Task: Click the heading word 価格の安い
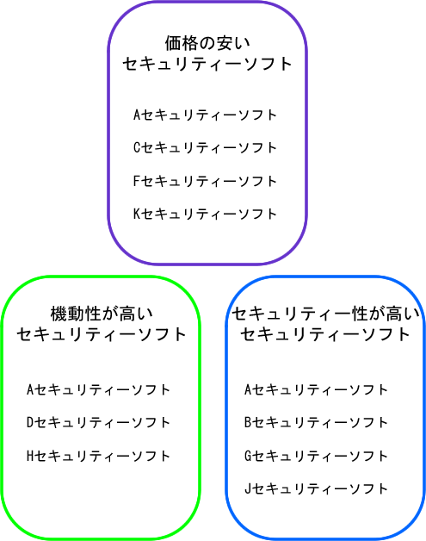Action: (207, 43)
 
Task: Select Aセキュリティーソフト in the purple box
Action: (205, 115)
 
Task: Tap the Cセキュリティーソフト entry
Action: (205, 147)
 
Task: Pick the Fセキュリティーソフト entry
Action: (205, 181)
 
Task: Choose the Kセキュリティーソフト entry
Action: (205, 214)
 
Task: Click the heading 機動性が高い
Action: (102, 314)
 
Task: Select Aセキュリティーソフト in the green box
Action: (98, 389)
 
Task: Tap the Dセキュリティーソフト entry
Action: (98, 422)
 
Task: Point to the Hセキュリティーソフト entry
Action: (98, 456)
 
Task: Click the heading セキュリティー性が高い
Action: (325, 314)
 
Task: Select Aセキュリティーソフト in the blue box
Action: (316, 389)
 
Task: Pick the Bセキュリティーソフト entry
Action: (316, 422)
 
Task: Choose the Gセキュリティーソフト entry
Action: (316, 456)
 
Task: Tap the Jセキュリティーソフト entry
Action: (316, 488)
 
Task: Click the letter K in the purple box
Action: (137, 214)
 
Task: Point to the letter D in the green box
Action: (30, 422)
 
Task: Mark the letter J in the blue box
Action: (248, 488)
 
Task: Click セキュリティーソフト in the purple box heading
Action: (207, 64)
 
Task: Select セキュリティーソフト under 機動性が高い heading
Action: (102, 334)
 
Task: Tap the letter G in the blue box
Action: (248, 456)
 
